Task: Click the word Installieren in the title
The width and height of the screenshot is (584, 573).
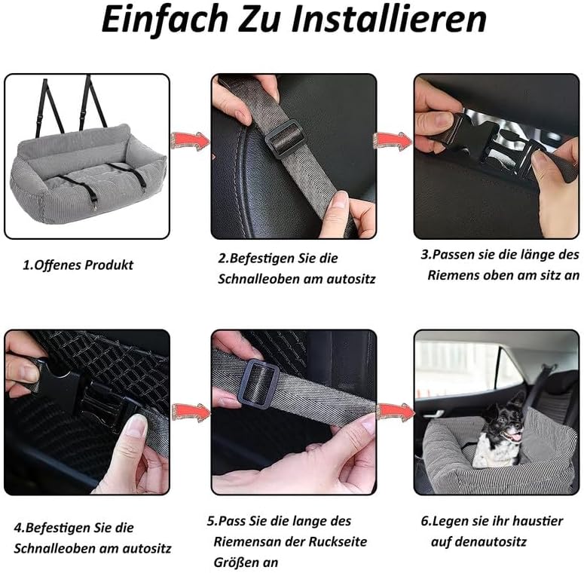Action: click(x=389, y=20)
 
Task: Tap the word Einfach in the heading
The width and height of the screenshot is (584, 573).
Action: click(x=164, y=20)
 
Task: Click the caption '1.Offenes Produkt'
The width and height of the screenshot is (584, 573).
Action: click(x=78, y=265)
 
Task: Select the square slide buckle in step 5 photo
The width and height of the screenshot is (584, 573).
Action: click(x=258, y=384)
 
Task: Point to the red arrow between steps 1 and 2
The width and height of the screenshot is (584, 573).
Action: click(x=191, y=141)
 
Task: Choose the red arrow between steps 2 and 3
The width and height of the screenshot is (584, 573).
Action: click(x=393, y=141)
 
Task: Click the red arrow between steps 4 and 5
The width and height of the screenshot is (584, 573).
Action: click(x=191, y=412)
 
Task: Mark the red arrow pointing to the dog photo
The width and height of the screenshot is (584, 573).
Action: click(x=396, y=412)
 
